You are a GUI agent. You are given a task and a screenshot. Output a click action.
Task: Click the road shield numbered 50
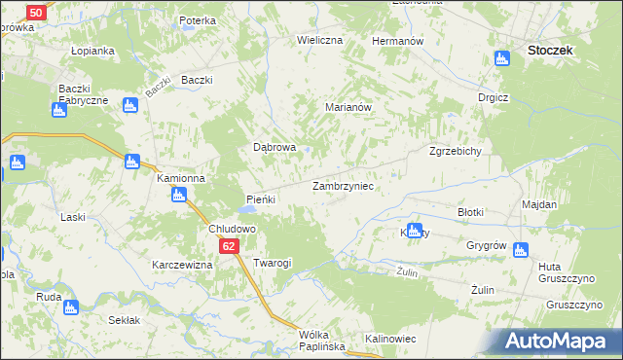(34, 13)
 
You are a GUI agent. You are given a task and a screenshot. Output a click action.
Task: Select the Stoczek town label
(548, 49)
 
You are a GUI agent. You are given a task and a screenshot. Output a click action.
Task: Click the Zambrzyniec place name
(343, 185)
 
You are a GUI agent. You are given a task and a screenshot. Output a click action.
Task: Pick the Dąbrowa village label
(275, 148)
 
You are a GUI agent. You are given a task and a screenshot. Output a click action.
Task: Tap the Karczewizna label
(182, 265)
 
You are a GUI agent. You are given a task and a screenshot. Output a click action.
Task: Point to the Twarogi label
(273, 263)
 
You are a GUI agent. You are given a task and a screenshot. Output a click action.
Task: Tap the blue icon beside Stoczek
(503, 59)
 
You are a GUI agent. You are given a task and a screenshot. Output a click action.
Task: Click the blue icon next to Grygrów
(520, 251)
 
